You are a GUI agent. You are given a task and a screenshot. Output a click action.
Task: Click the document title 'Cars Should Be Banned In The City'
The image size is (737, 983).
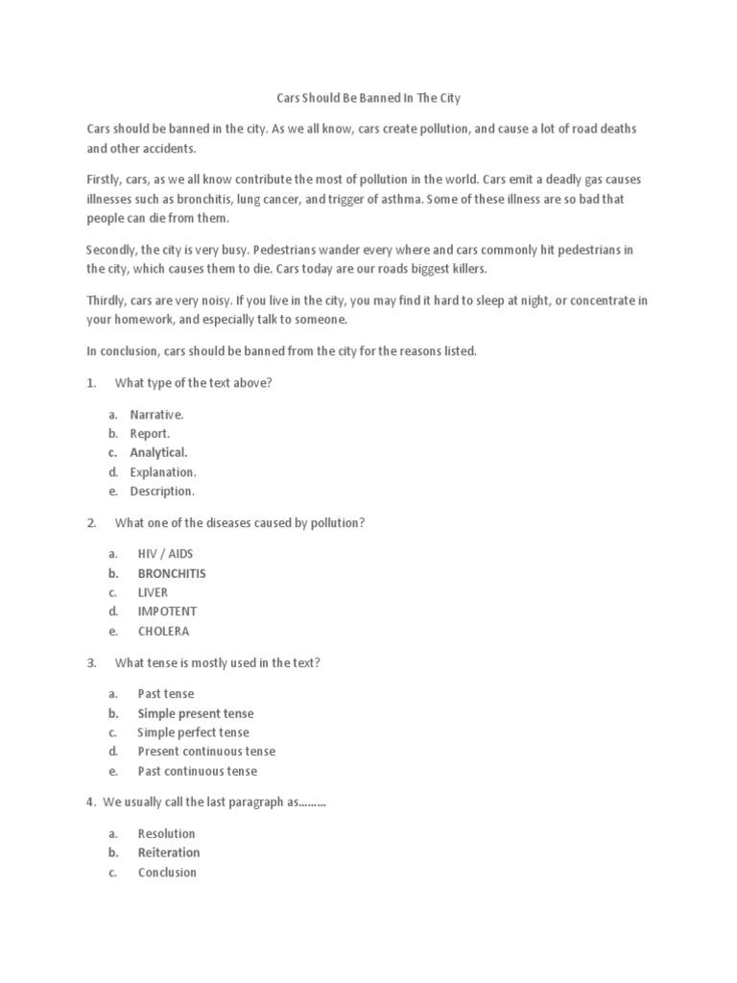[x=368, y=98]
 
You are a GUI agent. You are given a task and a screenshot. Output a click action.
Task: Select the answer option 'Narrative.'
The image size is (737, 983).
[x=156, y=415]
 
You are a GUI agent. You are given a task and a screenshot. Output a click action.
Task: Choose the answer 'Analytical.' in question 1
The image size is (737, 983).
[x=158, y=452]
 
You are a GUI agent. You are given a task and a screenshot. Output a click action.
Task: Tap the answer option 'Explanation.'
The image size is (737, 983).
[x=162, y=472]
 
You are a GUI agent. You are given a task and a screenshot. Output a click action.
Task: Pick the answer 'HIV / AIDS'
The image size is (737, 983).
[x=165, y=554]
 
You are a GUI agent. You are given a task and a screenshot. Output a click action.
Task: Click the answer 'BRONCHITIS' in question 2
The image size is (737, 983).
[x=171, y=573]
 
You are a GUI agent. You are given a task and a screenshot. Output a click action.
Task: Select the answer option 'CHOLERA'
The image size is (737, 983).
[x=163, y=631]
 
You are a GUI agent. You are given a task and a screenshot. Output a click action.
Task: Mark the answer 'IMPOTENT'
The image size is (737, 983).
[x=167, y=611]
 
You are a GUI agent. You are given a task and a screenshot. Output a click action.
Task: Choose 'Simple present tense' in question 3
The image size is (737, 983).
[x=195, y=713]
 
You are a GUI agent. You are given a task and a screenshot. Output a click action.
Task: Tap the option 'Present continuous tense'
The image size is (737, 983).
[x=205, y=752]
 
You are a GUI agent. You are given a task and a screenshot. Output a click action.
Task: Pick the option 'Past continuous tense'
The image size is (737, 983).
[x=197, y=771]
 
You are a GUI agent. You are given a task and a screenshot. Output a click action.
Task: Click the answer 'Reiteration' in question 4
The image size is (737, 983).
[x=169, y=852]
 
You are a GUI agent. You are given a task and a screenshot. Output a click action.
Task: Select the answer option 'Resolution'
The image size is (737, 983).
[x=166, y=833]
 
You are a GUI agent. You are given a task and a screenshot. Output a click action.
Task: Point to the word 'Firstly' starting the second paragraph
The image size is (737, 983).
[x=105, y=180]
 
